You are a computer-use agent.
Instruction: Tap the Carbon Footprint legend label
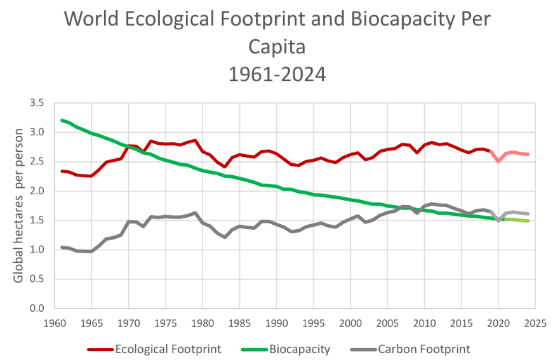[x=424, y=349]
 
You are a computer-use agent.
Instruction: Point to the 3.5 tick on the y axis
[x=38, y=103]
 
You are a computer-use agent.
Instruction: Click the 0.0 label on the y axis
[x=38, y=309]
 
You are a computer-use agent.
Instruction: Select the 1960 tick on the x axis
[x=55, y=323]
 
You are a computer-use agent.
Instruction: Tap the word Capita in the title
[x=277, y=47]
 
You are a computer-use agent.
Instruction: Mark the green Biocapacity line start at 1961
[x=62, y=121]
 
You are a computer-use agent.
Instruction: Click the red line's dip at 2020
[x=498, y=161]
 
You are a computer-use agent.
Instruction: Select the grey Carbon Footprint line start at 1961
[x=62, y=247]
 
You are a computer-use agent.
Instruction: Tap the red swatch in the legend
[x=100, y=349]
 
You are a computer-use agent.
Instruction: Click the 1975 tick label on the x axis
[x=166, y=323]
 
